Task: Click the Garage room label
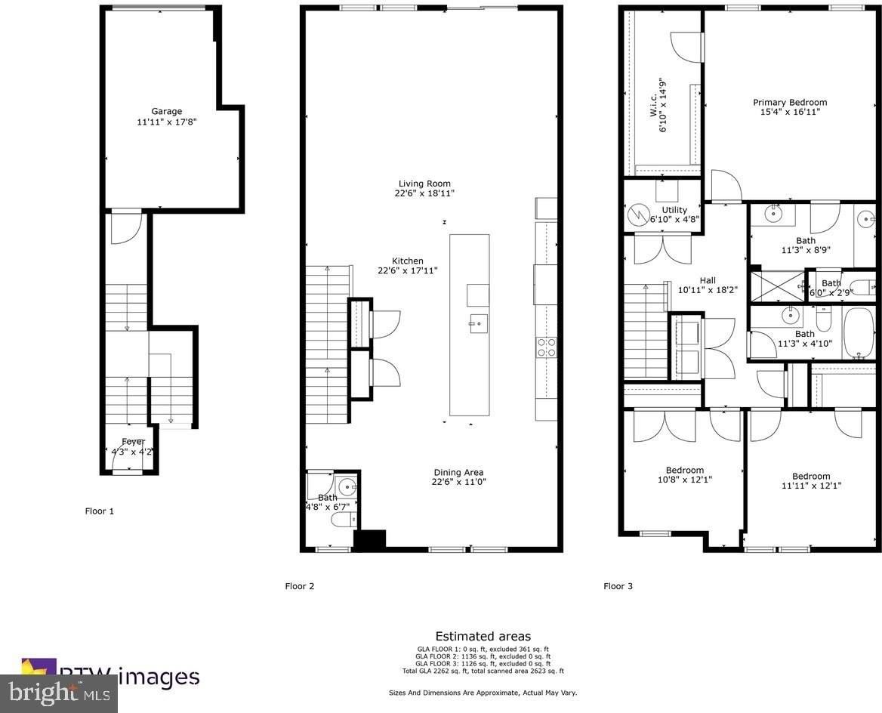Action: click(x=166, y=111)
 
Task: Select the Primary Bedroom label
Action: click(x=789, y=102)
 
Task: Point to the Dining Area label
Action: click(x=458, y=473)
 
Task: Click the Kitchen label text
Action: click(x=407, y=261)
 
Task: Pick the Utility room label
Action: click(x=674, y=210)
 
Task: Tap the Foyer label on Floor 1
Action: click(x=133, y=442)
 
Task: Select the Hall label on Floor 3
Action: click(x=707, y=280)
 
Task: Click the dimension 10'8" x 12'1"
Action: click(x=684, y=479)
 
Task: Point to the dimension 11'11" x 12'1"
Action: click(x=811, y=486)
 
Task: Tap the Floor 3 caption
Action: click(x=618, y=585)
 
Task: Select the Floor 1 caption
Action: click(x=99, y=511)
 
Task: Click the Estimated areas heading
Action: click(x=483, y=636)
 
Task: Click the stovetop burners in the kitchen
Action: click(x=547, y=347)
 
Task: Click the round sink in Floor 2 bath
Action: click(x=347, y=485)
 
